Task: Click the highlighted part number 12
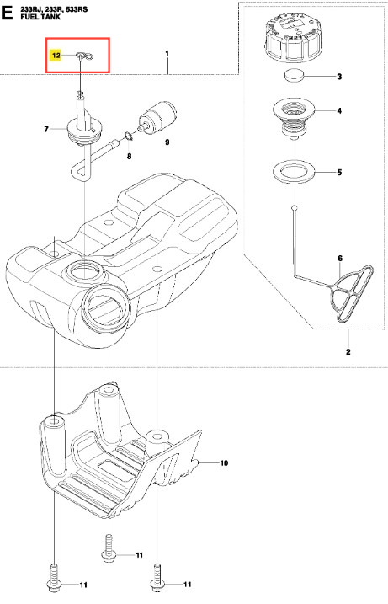click(56, 56)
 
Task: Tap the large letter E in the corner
click(8, 13)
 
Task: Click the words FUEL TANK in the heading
click(40, 17)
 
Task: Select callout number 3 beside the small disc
click(339, 77)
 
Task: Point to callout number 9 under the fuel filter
click(167, 142)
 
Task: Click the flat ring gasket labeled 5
click(294, 171)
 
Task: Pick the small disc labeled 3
click(294, 75)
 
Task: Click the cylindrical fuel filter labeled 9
click(158, 116)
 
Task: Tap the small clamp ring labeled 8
click(128, 136)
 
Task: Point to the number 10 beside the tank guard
click(224, 463)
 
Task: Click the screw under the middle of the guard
click(109, 546)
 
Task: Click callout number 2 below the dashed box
click(348, 351)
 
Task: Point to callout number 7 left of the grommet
click(46, 130)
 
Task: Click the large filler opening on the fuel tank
click(106, 307)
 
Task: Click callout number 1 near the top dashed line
click(167, 54)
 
